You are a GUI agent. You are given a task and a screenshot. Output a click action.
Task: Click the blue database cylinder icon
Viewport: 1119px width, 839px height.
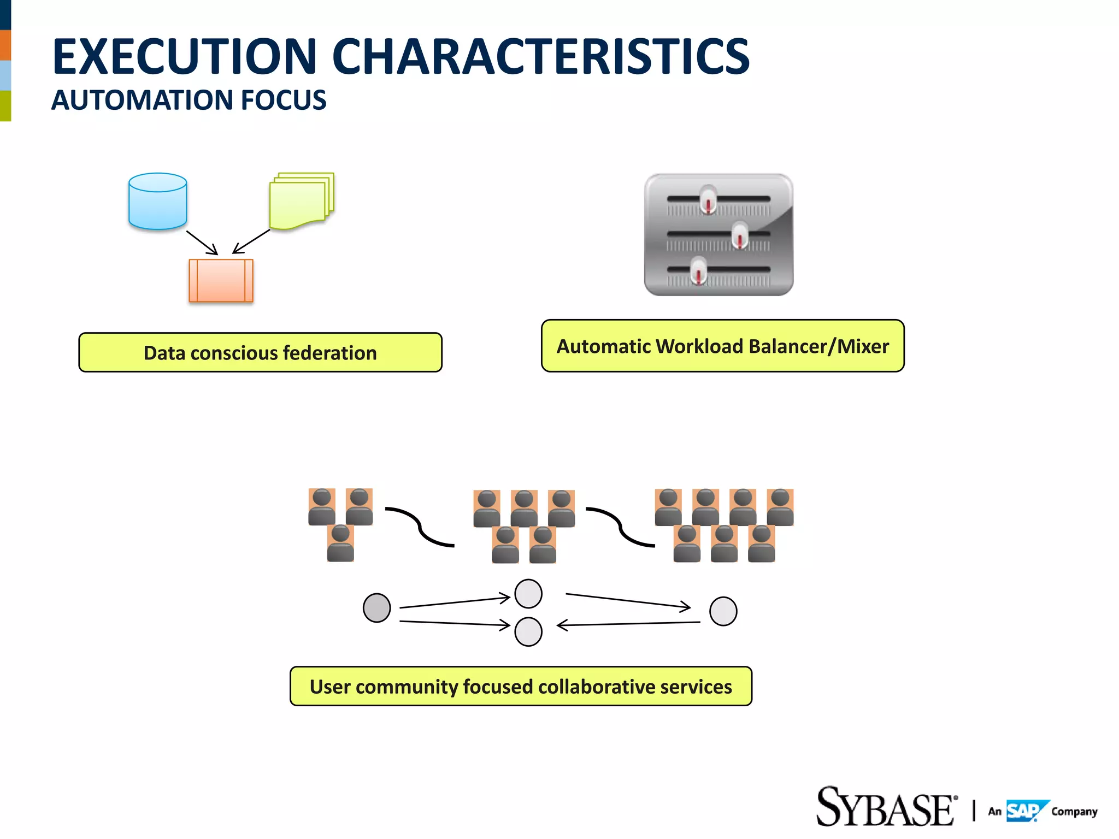tap(157, 201)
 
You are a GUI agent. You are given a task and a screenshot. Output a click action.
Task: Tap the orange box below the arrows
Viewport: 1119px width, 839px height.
tap(221, 280)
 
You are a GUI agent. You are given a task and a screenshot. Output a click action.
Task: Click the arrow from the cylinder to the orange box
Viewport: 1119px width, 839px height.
tap(202, 242)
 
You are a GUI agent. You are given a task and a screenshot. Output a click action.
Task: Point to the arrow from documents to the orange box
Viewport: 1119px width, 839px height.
tap(251, 241)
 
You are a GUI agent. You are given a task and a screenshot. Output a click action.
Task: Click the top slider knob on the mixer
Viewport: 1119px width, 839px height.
tap(708, 200)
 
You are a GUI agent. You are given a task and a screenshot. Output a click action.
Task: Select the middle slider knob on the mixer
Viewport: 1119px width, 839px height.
tap(740, 235)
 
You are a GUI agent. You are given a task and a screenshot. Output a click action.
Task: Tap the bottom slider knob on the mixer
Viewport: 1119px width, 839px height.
tap(699, 270)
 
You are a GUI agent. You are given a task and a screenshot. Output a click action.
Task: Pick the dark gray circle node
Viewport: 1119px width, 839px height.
tap(376, 608)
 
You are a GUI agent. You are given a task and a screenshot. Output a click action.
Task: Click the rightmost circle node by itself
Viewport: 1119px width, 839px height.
tap(723, 611)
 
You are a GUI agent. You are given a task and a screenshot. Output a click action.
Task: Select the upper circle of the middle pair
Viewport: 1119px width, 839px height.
tap(528, 594)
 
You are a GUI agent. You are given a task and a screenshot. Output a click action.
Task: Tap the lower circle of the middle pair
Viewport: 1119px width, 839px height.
tap(528, 632)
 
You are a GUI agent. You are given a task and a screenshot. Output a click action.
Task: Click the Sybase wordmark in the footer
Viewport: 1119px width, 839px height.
tap(886, 807)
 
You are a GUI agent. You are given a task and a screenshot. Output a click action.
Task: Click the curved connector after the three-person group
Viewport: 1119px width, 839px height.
tap(419, 526)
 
